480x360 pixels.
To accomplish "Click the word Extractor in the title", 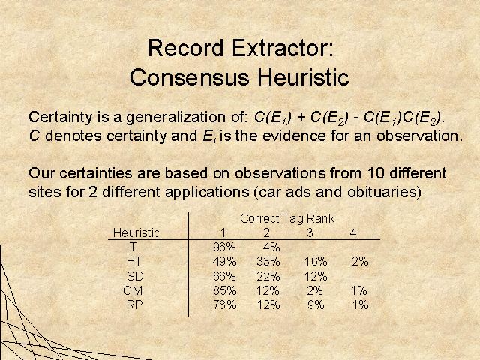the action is coord(282,49).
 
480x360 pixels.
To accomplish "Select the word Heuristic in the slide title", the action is coord(303,77).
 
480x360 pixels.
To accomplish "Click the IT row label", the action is coord(131,247).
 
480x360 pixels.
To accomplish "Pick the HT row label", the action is coord(134,262).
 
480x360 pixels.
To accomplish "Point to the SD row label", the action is coord(135,276).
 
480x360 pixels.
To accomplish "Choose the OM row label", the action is coord(133,290).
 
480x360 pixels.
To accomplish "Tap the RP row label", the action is coord(135,305).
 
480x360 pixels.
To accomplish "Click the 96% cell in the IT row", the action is coord(224,247).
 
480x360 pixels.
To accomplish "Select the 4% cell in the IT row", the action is coord(271,247).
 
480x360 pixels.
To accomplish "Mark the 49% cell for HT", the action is coord(224,262).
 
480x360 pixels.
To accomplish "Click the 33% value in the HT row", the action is coord(268,262).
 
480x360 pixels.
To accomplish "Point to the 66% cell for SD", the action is coord(224,276).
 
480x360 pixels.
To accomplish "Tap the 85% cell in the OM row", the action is coord(224,290).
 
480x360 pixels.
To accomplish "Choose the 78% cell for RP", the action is coord(225,305).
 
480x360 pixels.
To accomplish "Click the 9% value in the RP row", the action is coord(316,305).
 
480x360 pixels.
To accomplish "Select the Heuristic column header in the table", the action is coord(136,232).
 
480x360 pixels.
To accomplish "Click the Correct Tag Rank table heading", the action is coord(287,218).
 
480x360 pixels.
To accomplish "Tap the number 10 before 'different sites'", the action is coord(376,173).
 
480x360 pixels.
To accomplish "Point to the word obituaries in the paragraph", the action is coord(382,192).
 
